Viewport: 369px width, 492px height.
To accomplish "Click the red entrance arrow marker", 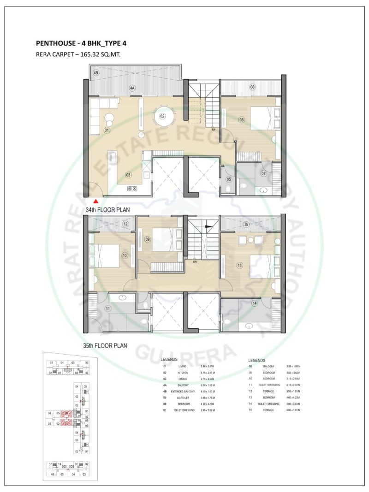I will click(95, 201).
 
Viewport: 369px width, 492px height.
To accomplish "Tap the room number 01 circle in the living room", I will click(107, 130).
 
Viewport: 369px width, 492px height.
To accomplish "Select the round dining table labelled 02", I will click(163, 117).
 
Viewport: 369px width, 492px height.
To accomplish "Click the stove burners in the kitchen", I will click(132, 188).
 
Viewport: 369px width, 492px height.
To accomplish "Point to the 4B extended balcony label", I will click(96, 73).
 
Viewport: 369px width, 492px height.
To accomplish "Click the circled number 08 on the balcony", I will click(252, 87).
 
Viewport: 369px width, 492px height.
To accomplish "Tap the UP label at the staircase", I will click(214, 130).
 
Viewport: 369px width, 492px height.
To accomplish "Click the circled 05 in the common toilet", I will click(228, 179).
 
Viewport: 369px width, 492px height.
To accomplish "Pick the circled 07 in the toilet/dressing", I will click(263, 174).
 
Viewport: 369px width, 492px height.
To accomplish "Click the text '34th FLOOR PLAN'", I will click(107, 210).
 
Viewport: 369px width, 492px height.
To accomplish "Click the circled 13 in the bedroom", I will click(239, 266).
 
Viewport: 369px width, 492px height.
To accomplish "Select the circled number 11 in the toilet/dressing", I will click(108, 308).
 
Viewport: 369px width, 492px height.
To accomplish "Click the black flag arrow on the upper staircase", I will click(208, 226).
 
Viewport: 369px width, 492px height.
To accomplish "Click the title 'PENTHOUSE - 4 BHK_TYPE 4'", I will click(81, 44).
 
